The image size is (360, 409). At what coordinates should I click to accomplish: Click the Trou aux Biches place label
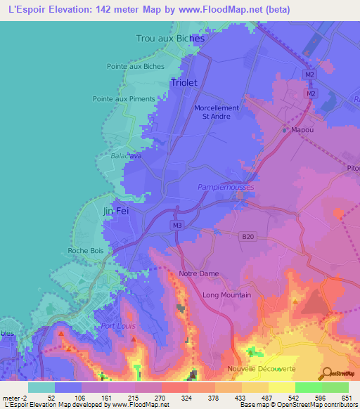tap(170, 39)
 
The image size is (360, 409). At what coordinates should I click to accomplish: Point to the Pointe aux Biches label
tap(136, 67)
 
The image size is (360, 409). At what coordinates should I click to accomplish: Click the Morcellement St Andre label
tap(216, 112)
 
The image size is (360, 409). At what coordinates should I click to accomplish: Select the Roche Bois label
tap(86, 250)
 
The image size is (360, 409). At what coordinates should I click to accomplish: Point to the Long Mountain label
tap(226, 295)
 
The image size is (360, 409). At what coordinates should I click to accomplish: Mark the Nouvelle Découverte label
tap(262, 369)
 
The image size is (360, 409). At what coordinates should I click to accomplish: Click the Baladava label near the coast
tap(126, 156)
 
